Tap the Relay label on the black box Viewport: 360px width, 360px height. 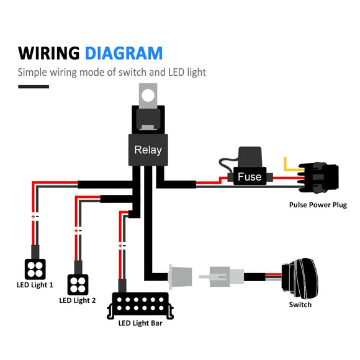148,150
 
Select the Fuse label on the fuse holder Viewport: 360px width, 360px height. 250,177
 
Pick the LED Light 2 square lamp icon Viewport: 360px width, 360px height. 77,284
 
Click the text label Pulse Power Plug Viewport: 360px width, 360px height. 318,205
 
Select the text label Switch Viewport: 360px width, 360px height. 300,305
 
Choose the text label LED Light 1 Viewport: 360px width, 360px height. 35,286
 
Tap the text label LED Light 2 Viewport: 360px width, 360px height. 78,301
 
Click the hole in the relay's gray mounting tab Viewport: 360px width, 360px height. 148,96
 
